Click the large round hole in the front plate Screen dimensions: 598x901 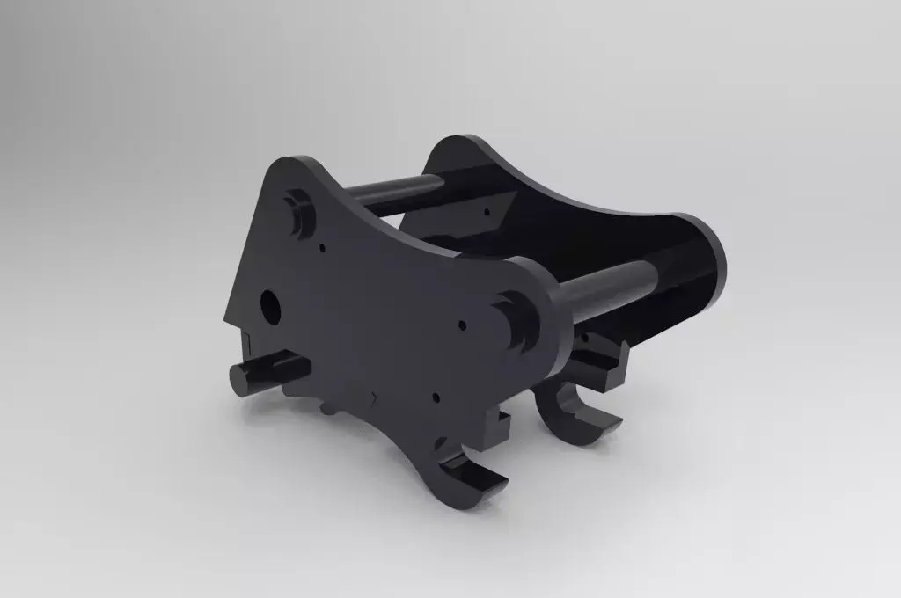coord(269,306)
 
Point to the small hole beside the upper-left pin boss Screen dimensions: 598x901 coord(323,247)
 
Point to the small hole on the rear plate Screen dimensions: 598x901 coord(486,211)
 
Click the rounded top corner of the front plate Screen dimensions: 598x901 coord(297,165)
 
